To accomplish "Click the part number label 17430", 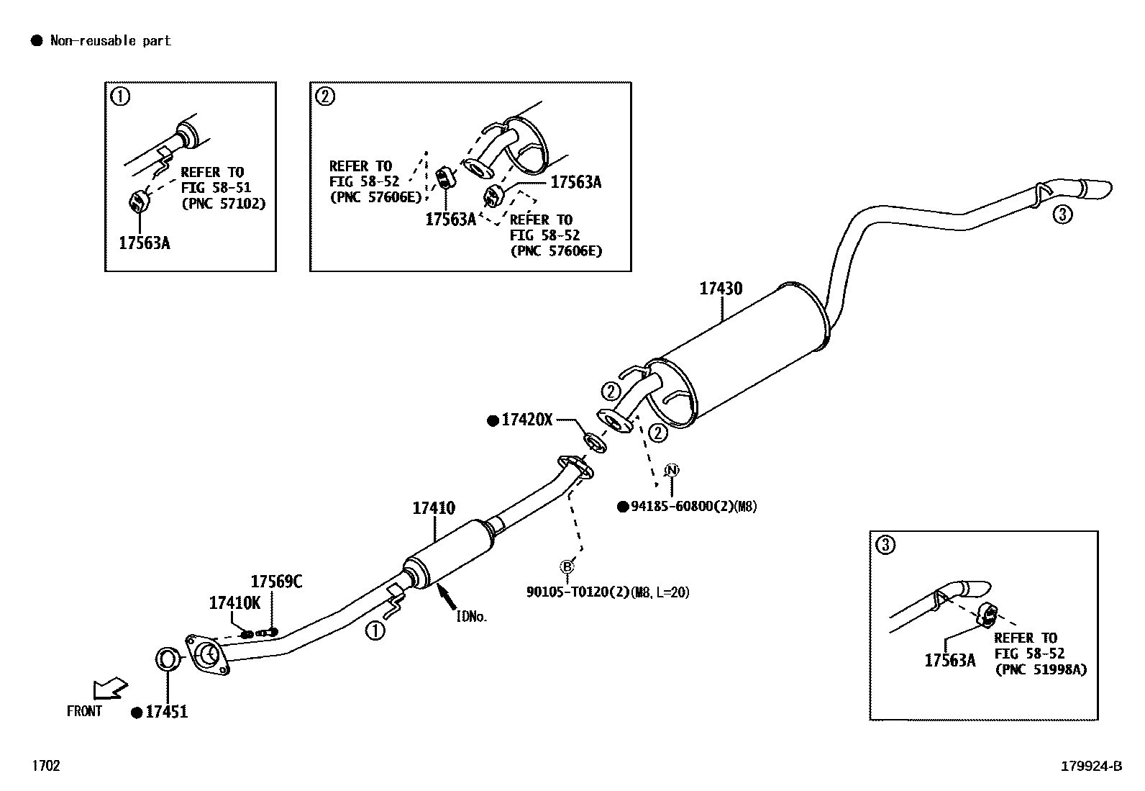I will click(721, 289).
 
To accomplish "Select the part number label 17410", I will click(434, 508).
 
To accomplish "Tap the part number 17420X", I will click(526, 420).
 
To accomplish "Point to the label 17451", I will click(166, 712).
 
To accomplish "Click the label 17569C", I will click(276, 582).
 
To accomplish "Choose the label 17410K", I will click(234, 603).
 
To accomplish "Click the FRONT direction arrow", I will click(110, 689).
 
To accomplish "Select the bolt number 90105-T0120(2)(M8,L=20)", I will click(608, 592).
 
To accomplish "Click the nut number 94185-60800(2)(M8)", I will click(693, 507).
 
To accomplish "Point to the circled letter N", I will click(671, 471).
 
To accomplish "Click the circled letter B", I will click(567, 566).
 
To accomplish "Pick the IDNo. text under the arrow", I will click(472, 616).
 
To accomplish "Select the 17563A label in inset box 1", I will click(145, 243).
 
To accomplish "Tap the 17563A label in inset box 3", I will click(950, 660).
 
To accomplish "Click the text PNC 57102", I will click(224, 204).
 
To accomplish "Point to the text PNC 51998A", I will click(1041, 669).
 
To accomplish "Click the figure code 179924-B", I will click(1091, 767).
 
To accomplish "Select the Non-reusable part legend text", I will click(110, 41).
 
